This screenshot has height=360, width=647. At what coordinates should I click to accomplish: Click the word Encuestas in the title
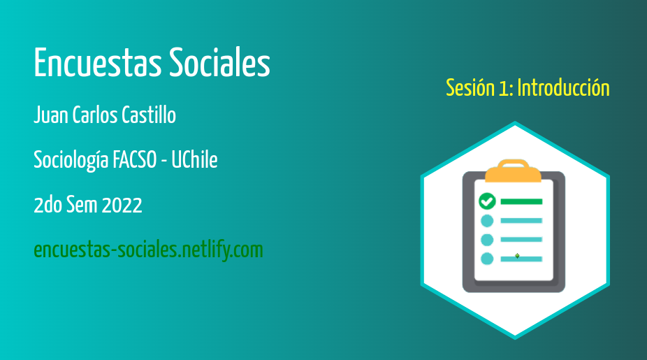(98, 62)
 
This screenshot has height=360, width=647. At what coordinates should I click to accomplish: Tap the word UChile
(194, 160)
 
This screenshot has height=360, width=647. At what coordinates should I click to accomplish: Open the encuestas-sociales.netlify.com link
(149, 250)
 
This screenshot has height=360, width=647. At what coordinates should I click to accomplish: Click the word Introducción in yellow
(563, 88)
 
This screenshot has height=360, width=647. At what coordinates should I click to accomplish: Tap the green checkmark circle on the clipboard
(487, 201)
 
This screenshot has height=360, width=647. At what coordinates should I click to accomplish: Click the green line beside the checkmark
(521, 202)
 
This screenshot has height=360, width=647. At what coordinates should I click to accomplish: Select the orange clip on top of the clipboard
(513, 171)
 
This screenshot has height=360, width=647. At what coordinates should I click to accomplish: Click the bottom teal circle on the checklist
(487, 259)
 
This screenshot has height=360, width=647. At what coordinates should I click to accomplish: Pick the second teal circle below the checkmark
(487, 240)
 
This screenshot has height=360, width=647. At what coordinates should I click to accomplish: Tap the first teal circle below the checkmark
(487, 221)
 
